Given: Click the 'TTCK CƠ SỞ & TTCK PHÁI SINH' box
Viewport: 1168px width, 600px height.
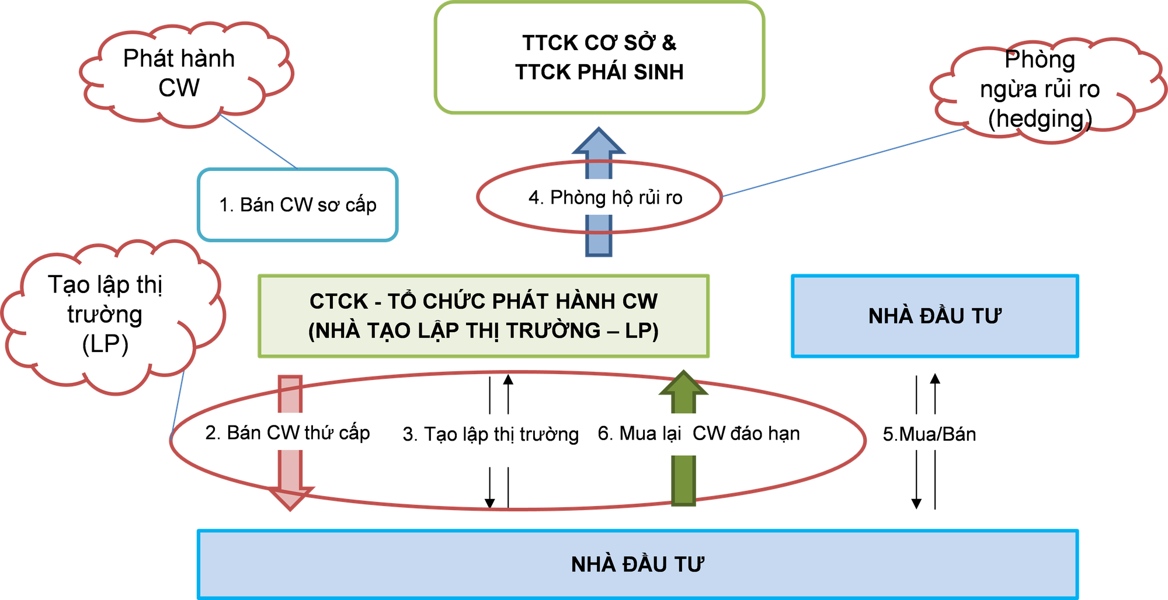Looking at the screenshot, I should coord(599,58).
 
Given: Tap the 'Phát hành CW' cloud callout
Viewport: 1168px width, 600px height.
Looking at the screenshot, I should coord(179,74).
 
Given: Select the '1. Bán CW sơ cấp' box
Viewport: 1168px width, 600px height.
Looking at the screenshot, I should coord(298,205).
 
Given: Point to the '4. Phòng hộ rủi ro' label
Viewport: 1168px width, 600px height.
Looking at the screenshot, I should coord(605,198).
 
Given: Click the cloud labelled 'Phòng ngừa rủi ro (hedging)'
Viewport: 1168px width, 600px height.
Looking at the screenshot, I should coord(1040,89).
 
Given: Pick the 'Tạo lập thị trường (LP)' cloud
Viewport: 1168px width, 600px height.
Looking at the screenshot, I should coord(105,314).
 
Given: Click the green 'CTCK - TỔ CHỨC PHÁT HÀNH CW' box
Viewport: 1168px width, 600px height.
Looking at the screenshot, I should coord(484,316).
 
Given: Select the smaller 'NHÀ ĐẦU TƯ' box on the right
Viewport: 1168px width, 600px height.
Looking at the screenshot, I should coord(934,316).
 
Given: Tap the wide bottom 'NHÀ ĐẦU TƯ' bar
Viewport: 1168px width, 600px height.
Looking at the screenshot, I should coord(637,564).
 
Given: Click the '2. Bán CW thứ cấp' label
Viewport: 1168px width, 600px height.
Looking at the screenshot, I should coord(287,432).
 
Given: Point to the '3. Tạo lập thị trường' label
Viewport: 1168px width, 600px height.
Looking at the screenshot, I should coord(491,435).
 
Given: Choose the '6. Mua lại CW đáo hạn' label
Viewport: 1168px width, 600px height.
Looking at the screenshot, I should coord(699,434).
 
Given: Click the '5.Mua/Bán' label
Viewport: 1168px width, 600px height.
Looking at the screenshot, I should coord(929,434).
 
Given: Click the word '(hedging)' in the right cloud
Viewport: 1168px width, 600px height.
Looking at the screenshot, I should coord(1040,118).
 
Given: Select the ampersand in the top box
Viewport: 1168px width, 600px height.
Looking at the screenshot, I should coord(669,43).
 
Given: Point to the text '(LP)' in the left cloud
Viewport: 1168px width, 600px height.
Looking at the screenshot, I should coord(105,344).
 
